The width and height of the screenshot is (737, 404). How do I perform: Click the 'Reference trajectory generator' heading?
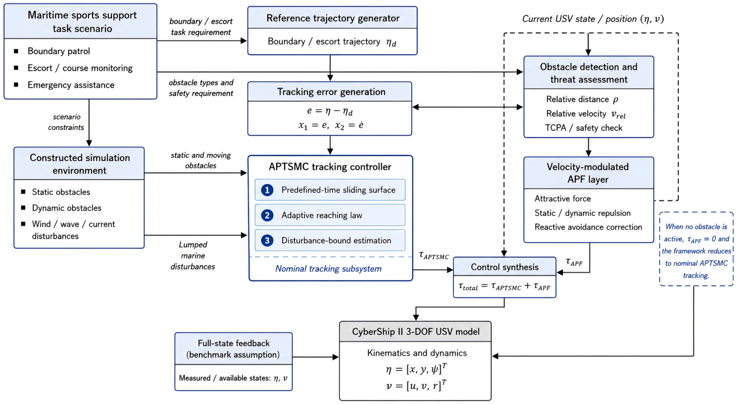333,18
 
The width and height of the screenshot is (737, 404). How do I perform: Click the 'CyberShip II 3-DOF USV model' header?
416,332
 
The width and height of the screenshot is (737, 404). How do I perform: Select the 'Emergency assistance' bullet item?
71,85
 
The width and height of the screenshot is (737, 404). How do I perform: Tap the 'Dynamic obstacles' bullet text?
67,208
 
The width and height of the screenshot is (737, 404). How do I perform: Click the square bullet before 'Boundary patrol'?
16,51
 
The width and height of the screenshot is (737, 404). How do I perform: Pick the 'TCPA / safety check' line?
584,128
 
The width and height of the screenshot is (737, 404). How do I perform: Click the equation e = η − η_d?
330,111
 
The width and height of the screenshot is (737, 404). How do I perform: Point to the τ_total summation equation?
504,286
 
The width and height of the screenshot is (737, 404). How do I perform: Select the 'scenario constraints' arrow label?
66,122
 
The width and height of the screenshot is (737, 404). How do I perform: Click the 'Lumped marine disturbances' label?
193,256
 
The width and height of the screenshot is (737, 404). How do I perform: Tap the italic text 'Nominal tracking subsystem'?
328,269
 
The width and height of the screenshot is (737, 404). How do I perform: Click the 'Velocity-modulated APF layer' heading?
588,173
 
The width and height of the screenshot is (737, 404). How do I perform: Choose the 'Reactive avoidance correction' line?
588,227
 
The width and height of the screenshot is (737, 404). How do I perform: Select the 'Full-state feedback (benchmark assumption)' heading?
233,349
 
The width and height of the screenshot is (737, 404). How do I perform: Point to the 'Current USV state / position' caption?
593,19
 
